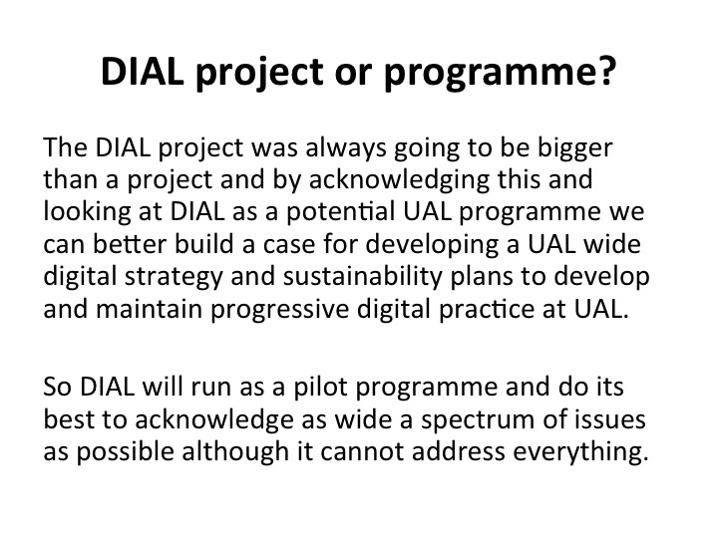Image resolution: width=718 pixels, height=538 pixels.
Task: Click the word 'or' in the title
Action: tap(353, 74)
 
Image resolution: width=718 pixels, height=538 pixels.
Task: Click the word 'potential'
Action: tap(341, 213)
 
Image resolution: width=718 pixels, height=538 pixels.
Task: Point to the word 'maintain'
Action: tap(150, 309)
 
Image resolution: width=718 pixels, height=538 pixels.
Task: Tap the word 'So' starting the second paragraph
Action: tap(57, 387)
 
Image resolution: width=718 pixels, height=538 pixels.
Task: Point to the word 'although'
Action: tap(235, 452)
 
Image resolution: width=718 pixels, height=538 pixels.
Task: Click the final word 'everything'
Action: tap(580, 452)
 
